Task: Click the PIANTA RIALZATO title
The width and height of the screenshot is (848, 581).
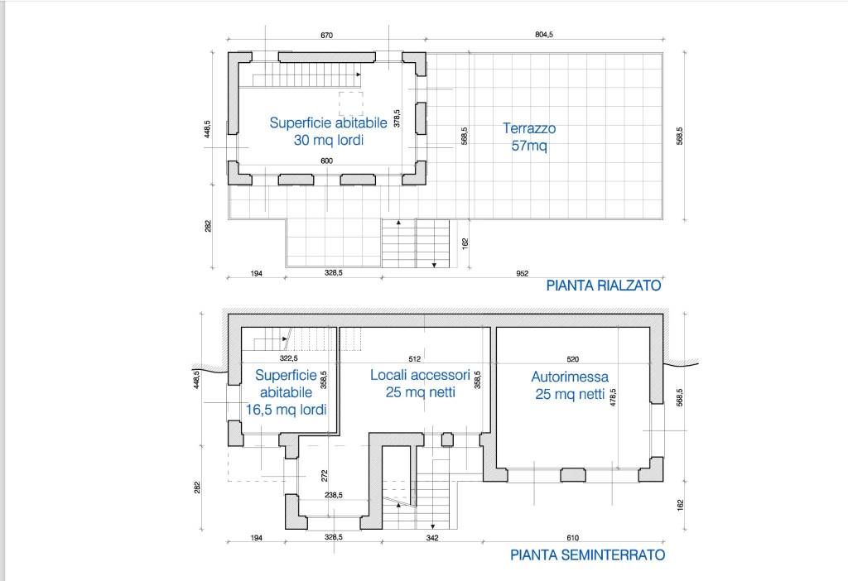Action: pos(604,286)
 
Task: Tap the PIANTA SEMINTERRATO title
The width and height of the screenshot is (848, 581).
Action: pos(587,555)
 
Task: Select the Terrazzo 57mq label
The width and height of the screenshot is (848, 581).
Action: pos(529,137)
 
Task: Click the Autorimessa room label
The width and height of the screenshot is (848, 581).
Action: pos(570,377)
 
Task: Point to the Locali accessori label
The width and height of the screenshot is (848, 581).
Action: pos(420,375)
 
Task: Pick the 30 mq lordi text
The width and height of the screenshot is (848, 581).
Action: pos(328,140)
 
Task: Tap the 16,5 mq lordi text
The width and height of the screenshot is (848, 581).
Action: pos(286,410)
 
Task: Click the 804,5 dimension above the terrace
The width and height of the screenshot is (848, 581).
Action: pos(544,35)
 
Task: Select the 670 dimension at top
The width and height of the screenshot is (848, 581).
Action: pos(326,35)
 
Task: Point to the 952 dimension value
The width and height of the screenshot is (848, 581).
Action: pos(522,273)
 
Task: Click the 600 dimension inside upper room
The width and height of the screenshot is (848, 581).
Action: pos(326,161)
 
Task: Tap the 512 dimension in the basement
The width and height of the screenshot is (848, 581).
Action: pos(415,359)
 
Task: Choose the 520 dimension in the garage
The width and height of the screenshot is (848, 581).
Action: pos(573,359)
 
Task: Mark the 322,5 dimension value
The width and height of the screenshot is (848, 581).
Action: pos(289,358)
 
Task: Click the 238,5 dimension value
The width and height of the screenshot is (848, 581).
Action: pos(334,495)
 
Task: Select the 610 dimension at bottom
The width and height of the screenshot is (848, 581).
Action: pos(573,538)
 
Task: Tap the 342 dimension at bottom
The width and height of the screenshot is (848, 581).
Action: pos(432,538)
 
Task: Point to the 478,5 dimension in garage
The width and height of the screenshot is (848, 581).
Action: pos(614,398)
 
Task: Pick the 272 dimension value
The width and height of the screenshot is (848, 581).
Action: pos(325,476)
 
